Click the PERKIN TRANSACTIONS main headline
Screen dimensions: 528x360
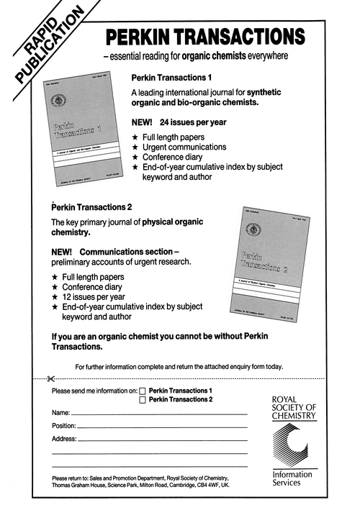[x=204, y=37]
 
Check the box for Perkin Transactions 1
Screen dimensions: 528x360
[x=142, y=391]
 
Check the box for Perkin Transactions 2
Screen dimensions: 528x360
[x=142, y=401]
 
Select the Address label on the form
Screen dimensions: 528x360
[x=63, y=438]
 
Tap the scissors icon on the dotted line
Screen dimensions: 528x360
[x=50, y=378]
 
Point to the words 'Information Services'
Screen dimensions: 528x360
[x=292, y=478]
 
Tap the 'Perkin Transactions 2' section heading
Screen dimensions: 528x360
[x=91, y=207]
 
